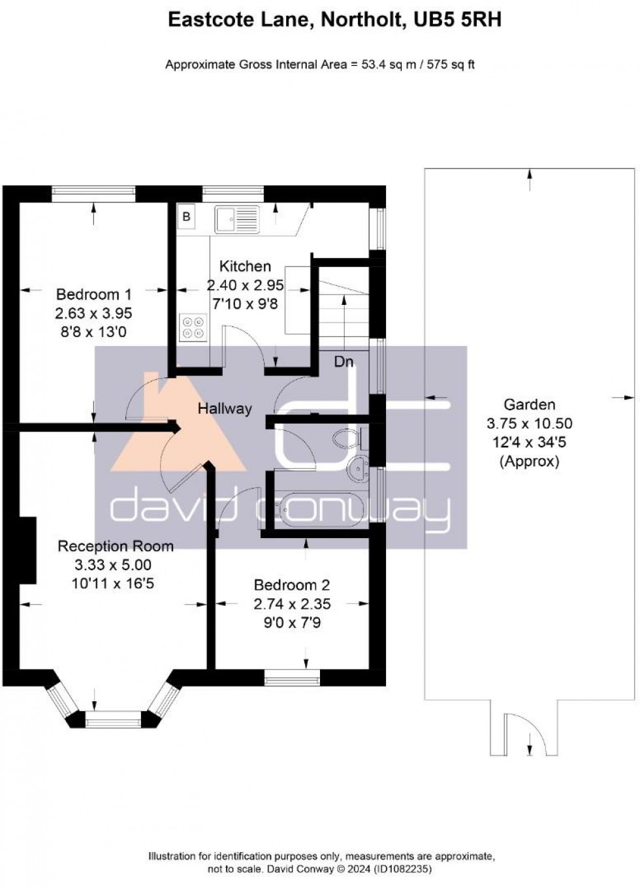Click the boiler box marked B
point(186,217)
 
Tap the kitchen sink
point(237,219)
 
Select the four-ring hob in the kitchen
point(193,327)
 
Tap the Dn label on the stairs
point(344,362)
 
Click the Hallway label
point(225,409)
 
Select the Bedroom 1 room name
point(93,294)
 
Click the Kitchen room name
point(245,266)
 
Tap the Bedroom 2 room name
point(292,585)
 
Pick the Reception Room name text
point(116,547)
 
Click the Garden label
point(529,404)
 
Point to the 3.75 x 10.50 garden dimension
point(529,424)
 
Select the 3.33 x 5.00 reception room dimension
point(113,565)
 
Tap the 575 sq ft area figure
point(451,65)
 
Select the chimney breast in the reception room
point(27,550)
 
